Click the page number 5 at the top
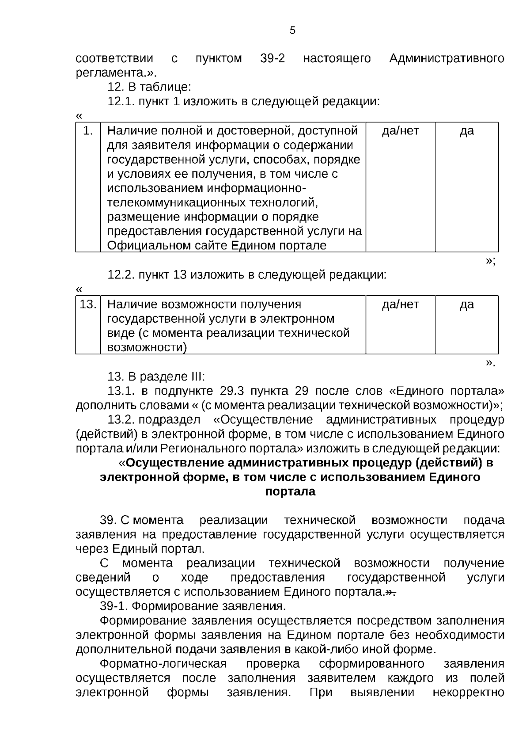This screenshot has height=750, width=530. (292, 30)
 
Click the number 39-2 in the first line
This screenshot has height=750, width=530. (273, 58)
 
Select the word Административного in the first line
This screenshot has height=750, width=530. (447, 58)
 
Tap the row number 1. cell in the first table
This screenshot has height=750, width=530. (88, 131)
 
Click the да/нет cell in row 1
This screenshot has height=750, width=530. (400, 131)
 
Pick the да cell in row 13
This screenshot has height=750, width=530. (467, 305)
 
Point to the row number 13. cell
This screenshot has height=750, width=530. (88, 305)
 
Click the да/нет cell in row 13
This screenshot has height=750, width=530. (400, 305)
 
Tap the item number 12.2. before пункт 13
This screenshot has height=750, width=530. (121, 275)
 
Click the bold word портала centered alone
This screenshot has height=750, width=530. (290, 491)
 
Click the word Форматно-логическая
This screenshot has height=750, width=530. (163, 664)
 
